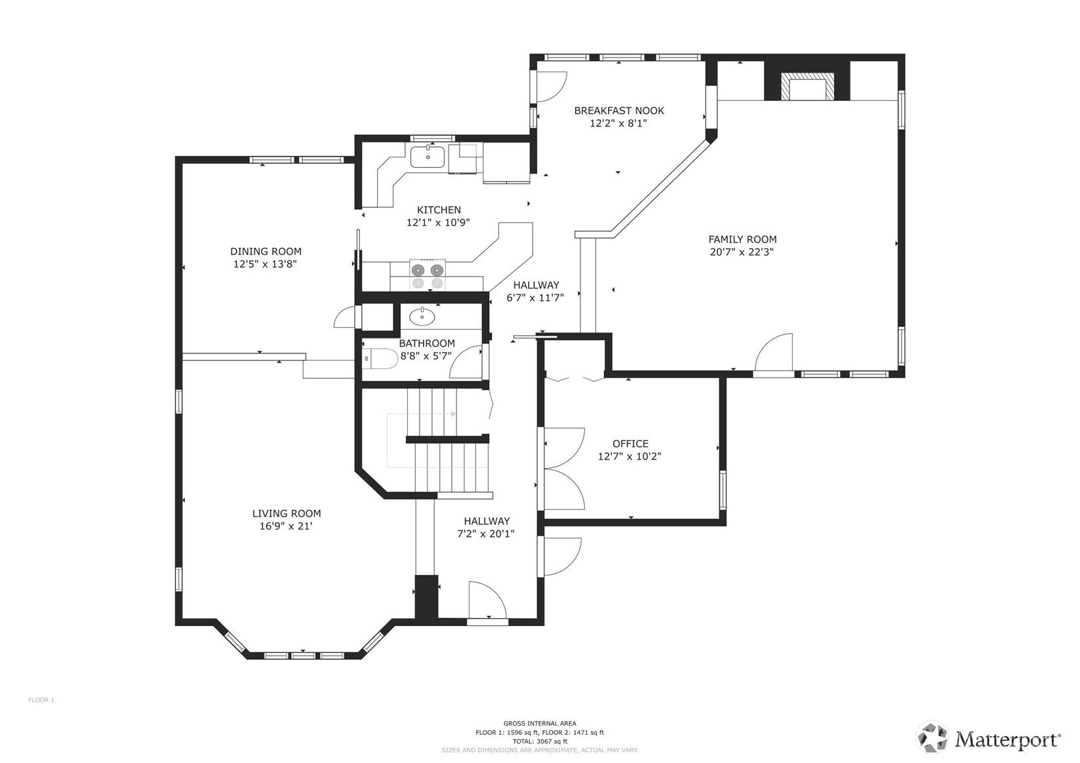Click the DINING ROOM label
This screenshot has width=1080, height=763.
tap(266, 251)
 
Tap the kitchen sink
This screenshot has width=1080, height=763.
tap(427, 156)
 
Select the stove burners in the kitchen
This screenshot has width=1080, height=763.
tap(428, 275)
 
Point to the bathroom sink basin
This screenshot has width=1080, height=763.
tap(422, 316)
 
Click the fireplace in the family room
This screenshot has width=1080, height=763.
tap(808, 87)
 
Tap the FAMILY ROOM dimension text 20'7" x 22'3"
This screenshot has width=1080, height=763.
tap(742, 252)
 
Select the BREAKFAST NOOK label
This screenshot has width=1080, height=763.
tap(619, 110)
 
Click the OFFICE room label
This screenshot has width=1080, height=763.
tap(630, 443)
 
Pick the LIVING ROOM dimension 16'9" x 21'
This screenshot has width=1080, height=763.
tap(287, 526)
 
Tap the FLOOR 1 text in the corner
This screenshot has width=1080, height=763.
tap(41, 700)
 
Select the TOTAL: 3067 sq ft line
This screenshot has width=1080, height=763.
tap(540, 741)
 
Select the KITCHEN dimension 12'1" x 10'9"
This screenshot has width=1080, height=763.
tap(438, 222)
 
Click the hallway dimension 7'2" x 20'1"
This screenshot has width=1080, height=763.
tap(486, 534)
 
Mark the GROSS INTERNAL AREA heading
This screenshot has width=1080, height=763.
tap(540, 723)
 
